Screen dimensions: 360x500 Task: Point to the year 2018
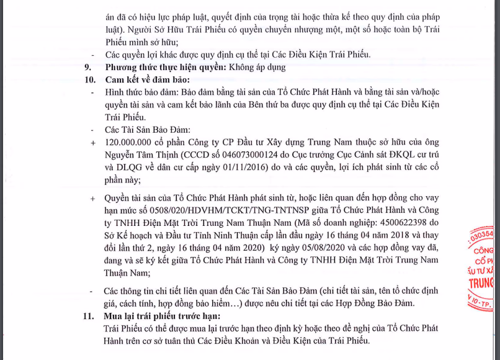click(x=424, y=235)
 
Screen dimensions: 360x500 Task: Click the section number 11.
click(x=89, y=316)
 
